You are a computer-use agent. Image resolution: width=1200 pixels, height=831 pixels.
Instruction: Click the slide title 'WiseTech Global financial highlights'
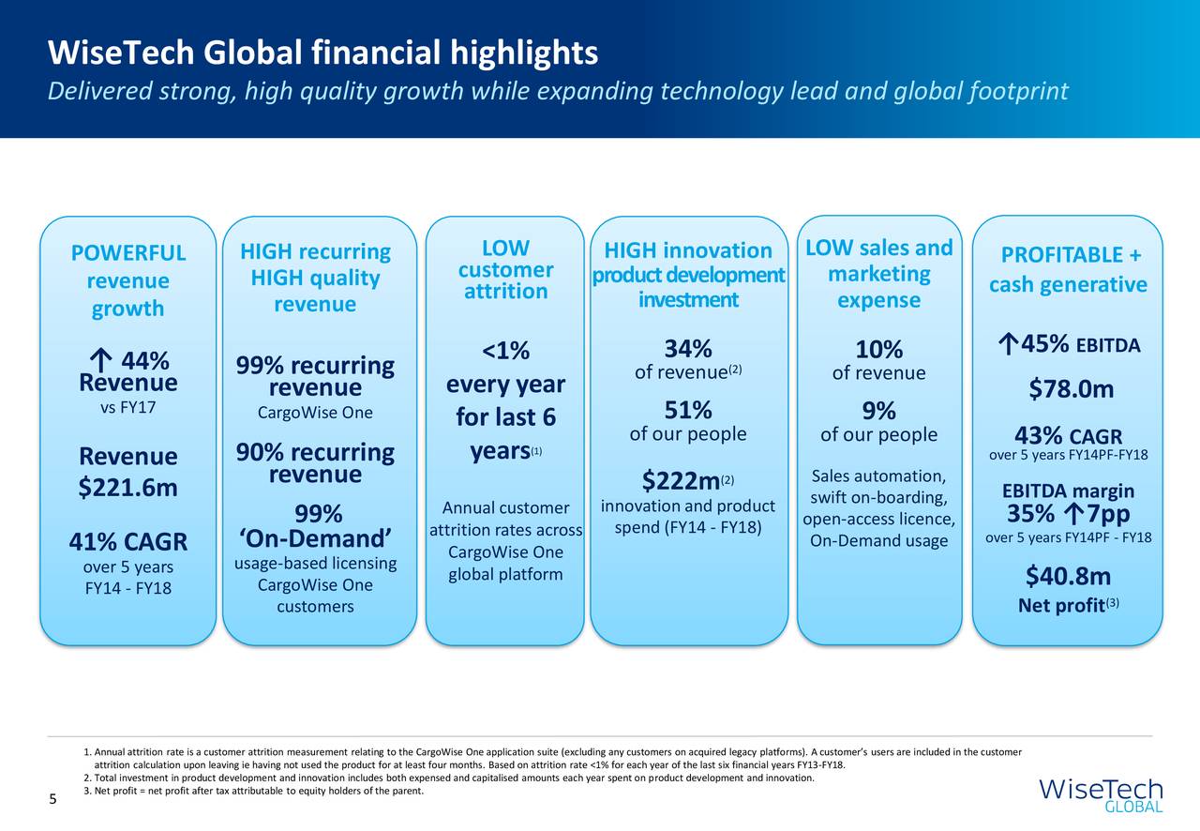coord(322,53)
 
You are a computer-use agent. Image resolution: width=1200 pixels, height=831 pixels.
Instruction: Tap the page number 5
coord(53,799)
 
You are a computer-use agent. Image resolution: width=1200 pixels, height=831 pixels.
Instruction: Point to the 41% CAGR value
coord(127,543)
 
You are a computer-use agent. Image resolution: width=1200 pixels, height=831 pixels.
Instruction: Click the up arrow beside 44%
coord(98,361)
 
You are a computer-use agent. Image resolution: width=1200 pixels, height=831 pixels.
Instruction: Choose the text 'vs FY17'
coord(127,408)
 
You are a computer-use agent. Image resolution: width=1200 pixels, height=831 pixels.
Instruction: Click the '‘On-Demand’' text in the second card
coord(316,540)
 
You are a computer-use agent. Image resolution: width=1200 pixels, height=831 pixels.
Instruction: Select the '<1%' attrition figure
coord(505,352)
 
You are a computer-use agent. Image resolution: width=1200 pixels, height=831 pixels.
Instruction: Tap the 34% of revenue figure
coord(687,348)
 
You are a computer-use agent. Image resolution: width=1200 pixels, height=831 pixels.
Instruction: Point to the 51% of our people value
coord(687,410)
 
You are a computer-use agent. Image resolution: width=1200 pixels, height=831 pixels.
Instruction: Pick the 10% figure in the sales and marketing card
coord(878,350)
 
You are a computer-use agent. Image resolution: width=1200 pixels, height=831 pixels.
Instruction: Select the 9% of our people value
coord(878,411)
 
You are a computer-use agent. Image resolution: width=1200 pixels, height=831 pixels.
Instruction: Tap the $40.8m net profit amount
coord(1069,575)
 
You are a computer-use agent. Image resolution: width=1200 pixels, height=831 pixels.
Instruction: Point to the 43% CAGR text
coord(1069,437)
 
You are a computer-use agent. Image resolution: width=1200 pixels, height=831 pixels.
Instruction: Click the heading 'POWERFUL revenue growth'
coord(127,281)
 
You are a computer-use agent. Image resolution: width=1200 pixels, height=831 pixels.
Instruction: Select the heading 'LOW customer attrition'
coord(505,270)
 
